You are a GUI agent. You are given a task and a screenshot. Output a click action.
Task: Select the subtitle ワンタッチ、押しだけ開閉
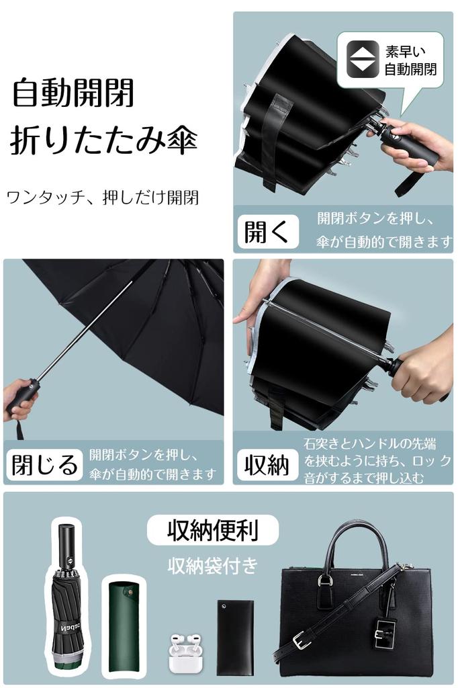[x=102, y=198]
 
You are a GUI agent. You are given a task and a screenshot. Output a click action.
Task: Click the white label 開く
[x=267, y=232]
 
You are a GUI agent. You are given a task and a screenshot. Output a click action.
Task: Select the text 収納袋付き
[x=212, y=566]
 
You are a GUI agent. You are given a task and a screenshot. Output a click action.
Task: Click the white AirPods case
[x=186, y=654]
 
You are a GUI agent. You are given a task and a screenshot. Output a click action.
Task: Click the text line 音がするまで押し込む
[x=363, y=478]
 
